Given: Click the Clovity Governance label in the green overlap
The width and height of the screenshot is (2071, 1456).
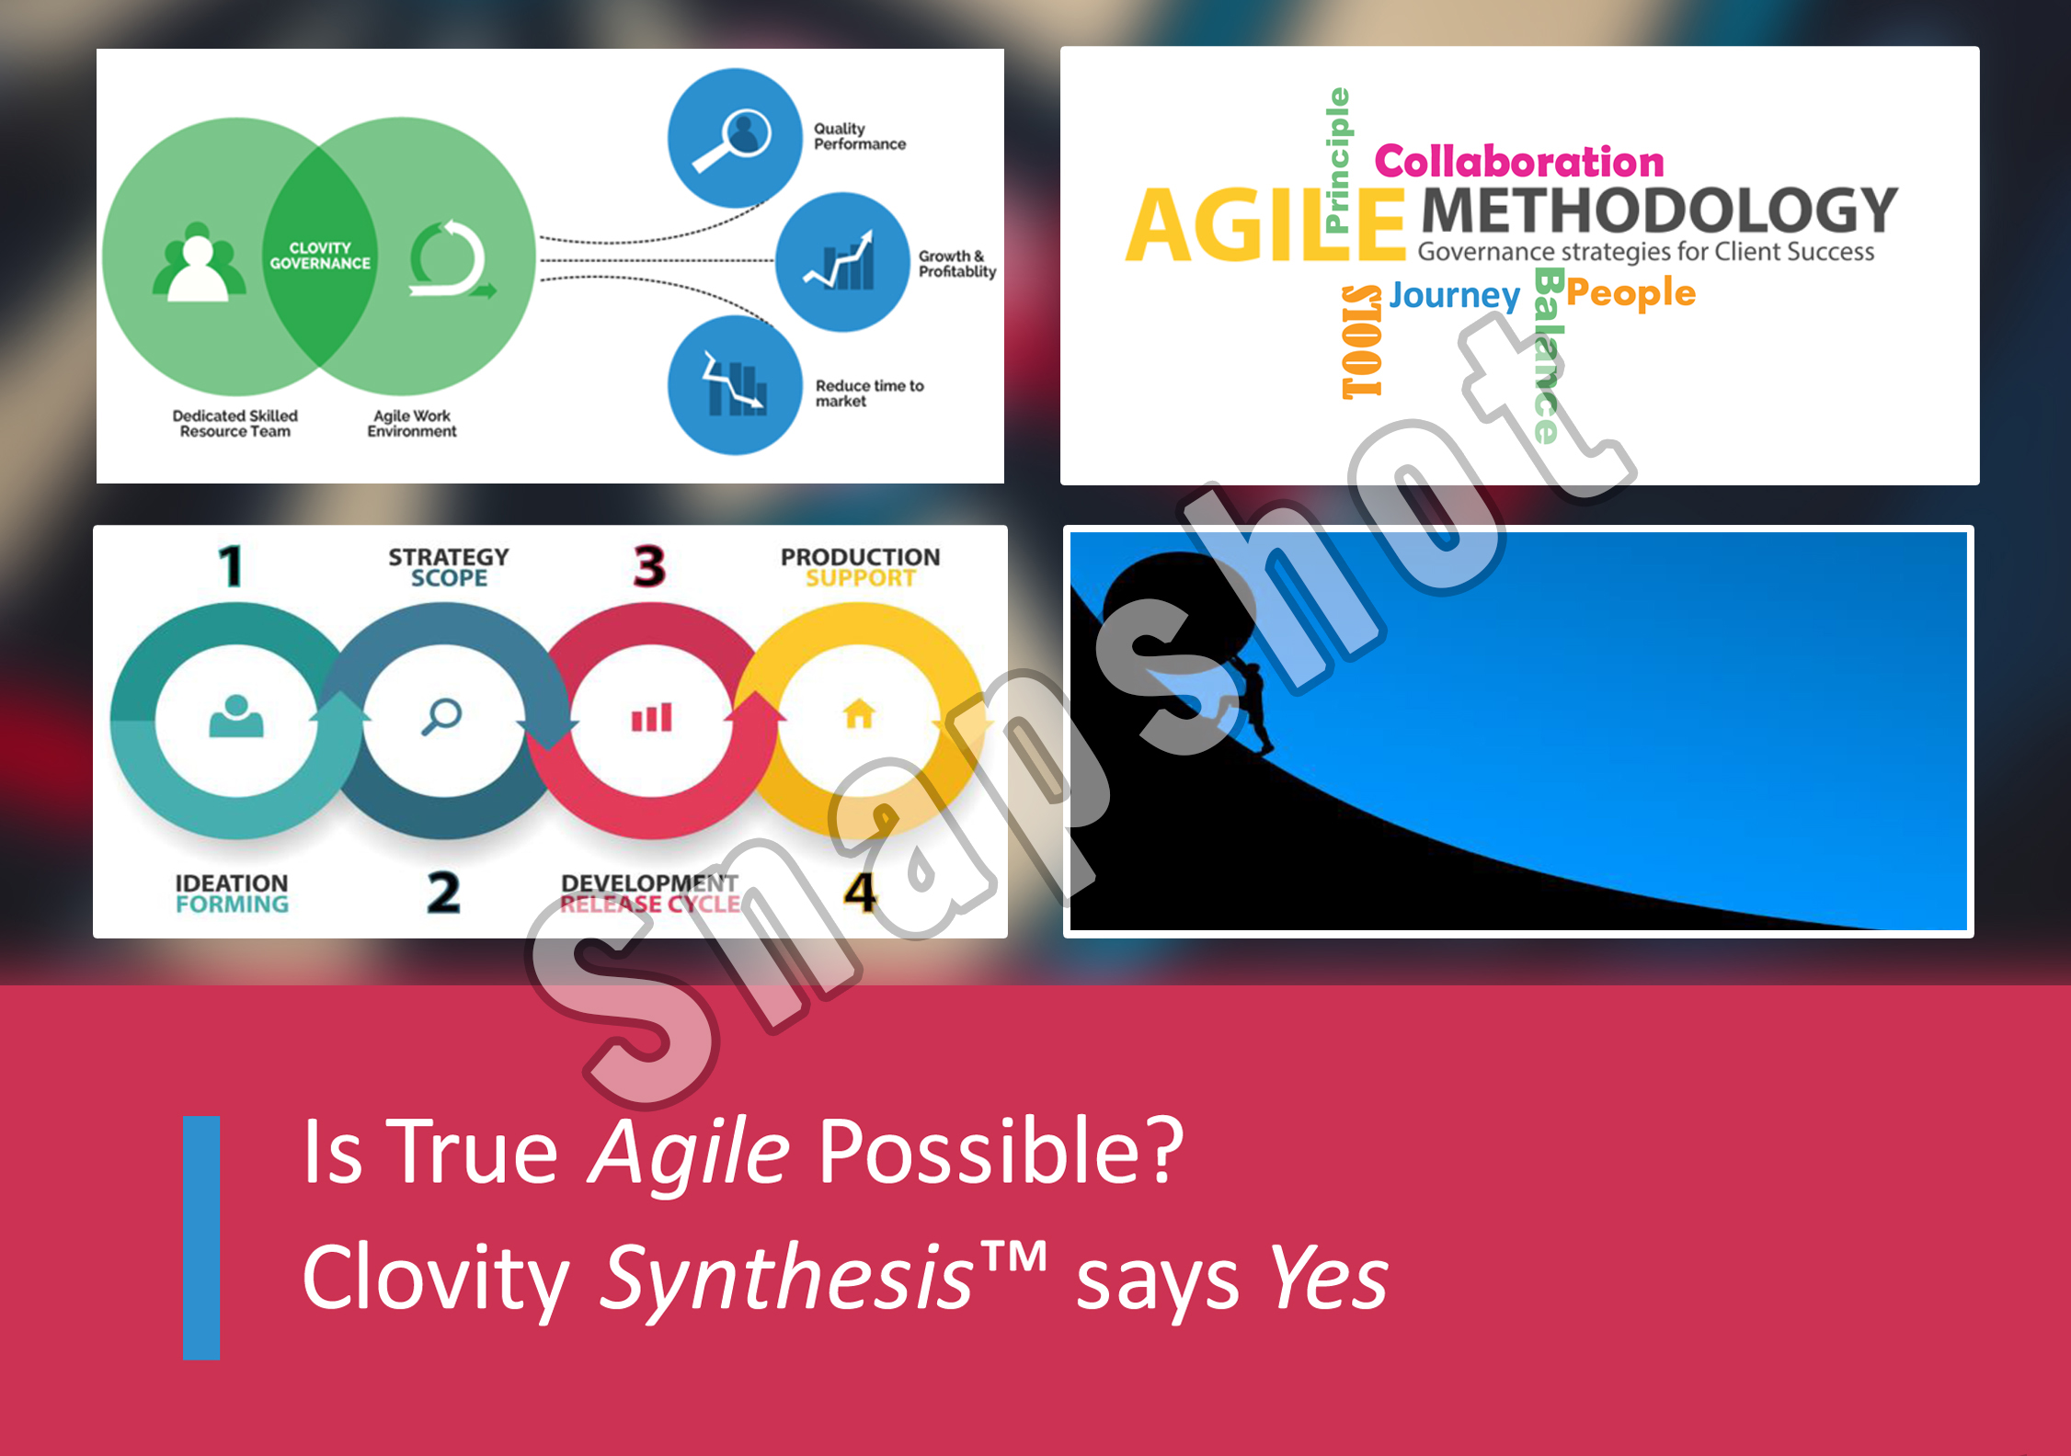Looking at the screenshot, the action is [x=320, y=256].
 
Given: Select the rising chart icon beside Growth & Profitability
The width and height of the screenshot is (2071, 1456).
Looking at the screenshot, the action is [x=840, y=261].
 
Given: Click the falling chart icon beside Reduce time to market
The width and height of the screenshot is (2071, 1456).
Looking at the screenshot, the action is [x=734, y=383].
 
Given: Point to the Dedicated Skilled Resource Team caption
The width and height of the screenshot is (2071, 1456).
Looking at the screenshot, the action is [x=235, y=424].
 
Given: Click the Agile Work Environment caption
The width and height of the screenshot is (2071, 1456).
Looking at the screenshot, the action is [x=412, y=424].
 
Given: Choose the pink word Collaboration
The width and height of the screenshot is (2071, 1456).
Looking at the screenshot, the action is [x=1519, y=162].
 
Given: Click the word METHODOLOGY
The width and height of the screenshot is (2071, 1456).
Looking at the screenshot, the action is [x=1660, y=210].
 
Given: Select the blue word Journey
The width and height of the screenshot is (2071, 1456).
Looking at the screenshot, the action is [x=1455, y=295].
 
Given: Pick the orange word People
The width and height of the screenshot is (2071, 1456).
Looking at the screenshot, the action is [x=1630, y=293].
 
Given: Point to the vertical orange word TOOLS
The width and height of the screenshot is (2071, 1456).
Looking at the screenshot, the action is [x=1362, y=341].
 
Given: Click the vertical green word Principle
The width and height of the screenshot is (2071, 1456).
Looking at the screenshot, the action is [x=1339, y=160].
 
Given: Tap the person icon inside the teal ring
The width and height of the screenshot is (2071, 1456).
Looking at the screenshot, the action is [x=236, y=717].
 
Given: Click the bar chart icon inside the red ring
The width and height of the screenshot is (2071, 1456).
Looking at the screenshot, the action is [x=652, y=717].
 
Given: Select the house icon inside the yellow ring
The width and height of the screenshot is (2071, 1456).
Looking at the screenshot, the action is [x=859, y=714].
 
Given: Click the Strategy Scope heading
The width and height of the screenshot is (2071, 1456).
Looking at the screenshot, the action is [x=449, y=567].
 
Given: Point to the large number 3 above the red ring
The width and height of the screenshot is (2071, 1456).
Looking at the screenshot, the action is [x=650, y=566].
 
